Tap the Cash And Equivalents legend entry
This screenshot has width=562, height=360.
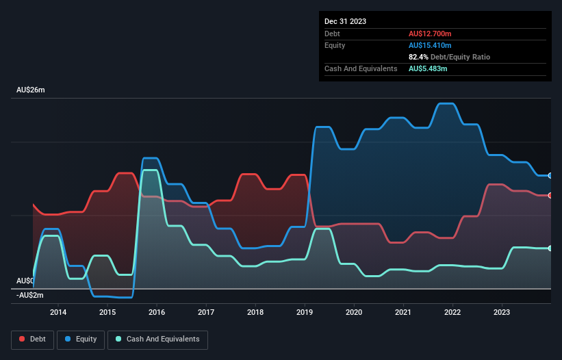click(157, 339)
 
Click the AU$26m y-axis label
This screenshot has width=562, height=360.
click(31, 90)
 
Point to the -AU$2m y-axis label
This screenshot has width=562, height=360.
click(30, 296)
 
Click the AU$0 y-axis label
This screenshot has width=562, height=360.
click(25, 281)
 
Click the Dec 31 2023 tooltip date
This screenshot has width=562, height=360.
click(346, 21)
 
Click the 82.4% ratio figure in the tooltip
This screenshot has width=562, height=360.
click(418, 57)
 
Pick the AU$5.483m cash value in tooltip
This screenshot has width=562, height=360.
click(429, 68)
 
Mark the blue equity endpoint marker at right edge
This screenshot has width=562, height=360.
click(550, 176)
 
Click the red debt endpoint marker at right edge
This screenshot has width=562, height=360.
click(550, 196)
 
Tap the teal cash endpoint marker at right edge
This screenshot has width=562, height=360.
click(550, 248)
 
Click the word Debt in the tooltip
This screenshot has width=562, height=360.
click(333, 34)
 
